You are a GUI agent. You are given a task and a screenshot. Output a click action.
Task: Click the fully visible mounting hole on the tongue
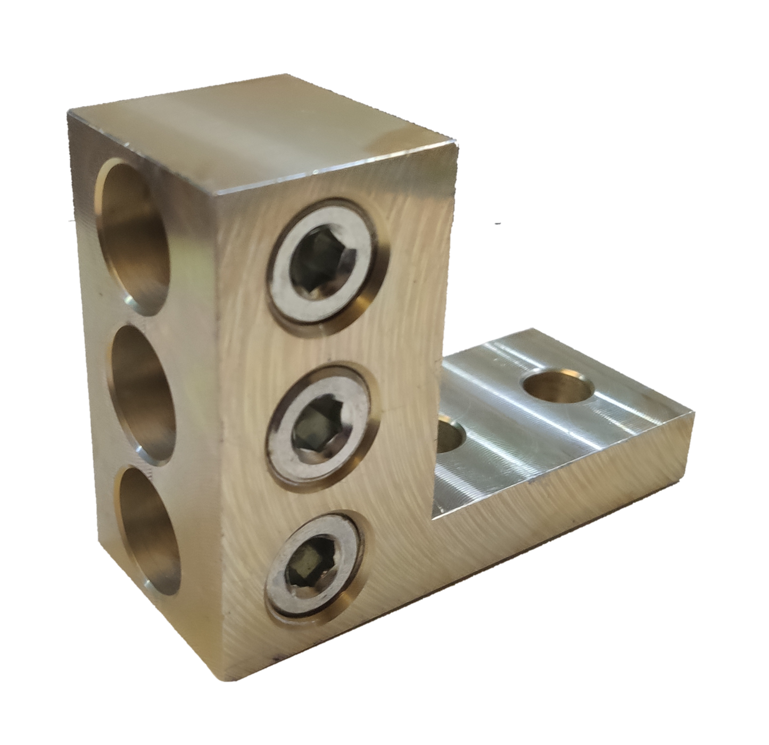[558, 385]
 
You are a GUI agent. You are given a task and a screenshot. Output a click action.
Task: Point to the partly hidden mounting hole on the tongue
[452, 434]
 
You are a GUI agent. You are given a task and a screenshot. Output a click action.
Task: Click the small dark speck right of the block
[498, 224]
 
